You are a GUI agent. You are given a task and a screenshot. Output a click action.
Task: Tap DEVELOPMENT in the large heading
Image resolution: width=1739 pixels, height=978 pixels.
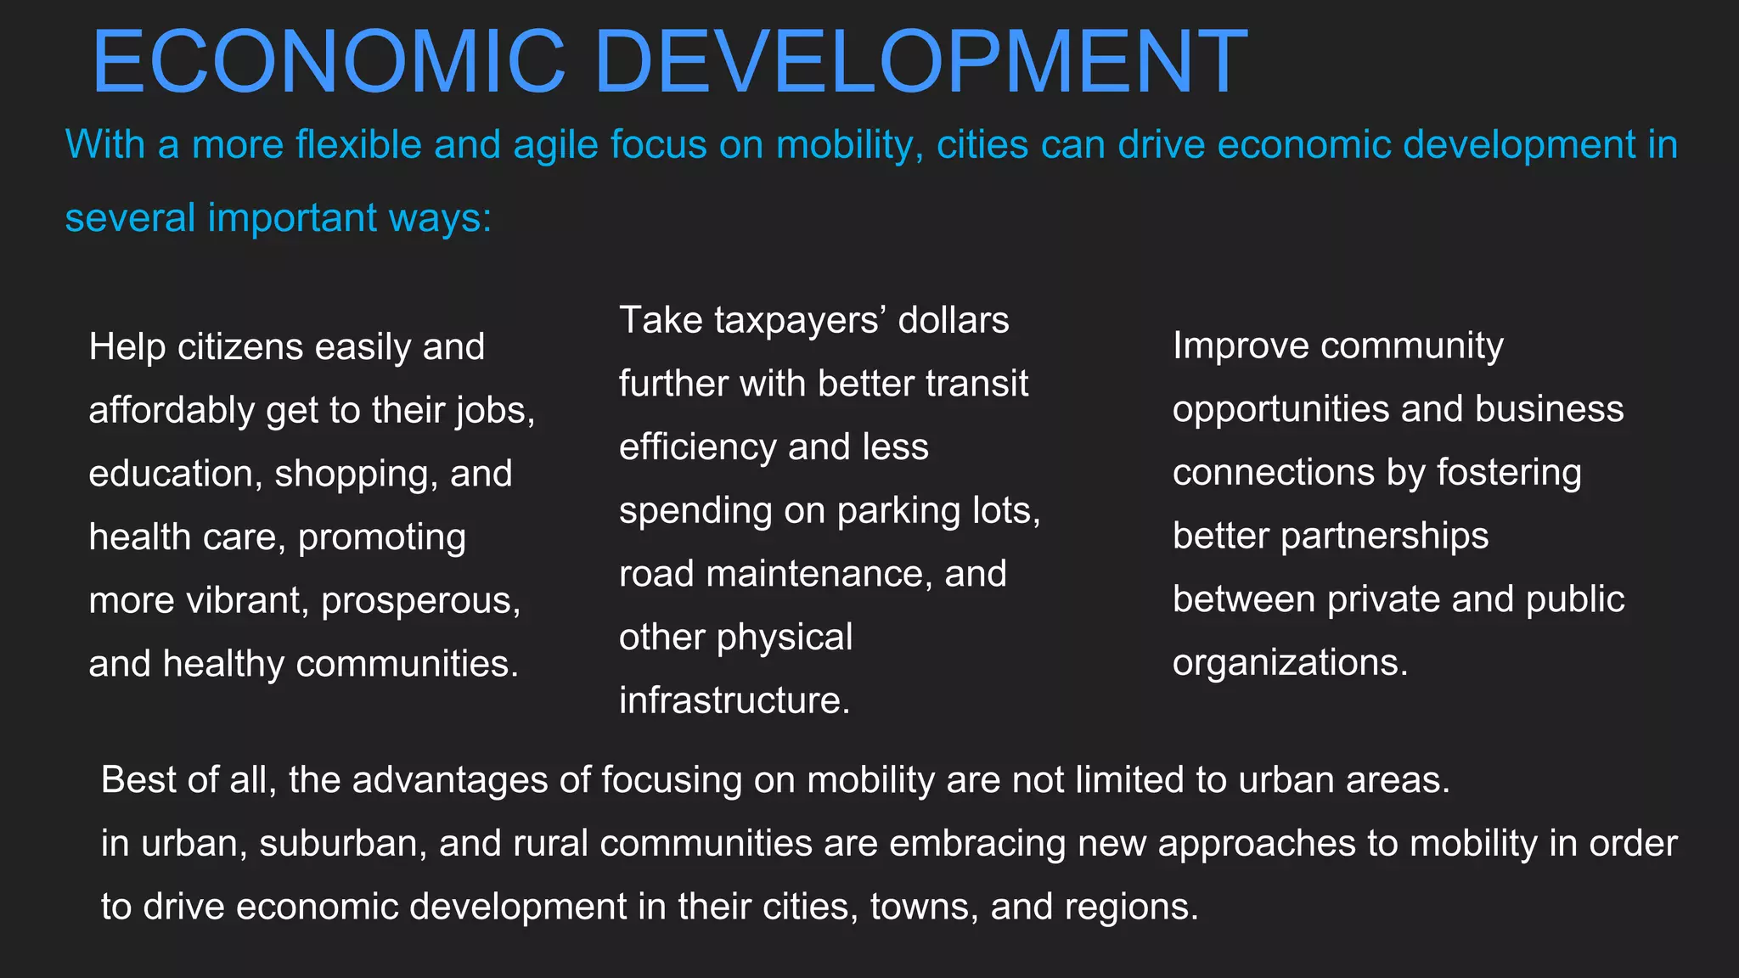click(921, 62)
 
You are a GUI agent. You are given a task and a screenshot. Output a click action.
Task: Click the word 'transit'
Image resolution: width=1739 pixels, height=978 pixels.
click(976, 384)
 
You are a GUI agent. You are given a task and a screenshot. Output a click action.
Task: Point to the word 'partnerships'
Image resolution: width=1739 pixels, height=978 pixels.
click(1384, 537)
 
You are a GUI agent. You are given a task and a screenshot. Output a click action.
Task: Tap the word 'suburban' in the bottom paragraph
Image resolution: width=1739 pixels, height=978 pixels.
click(343, 843)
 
